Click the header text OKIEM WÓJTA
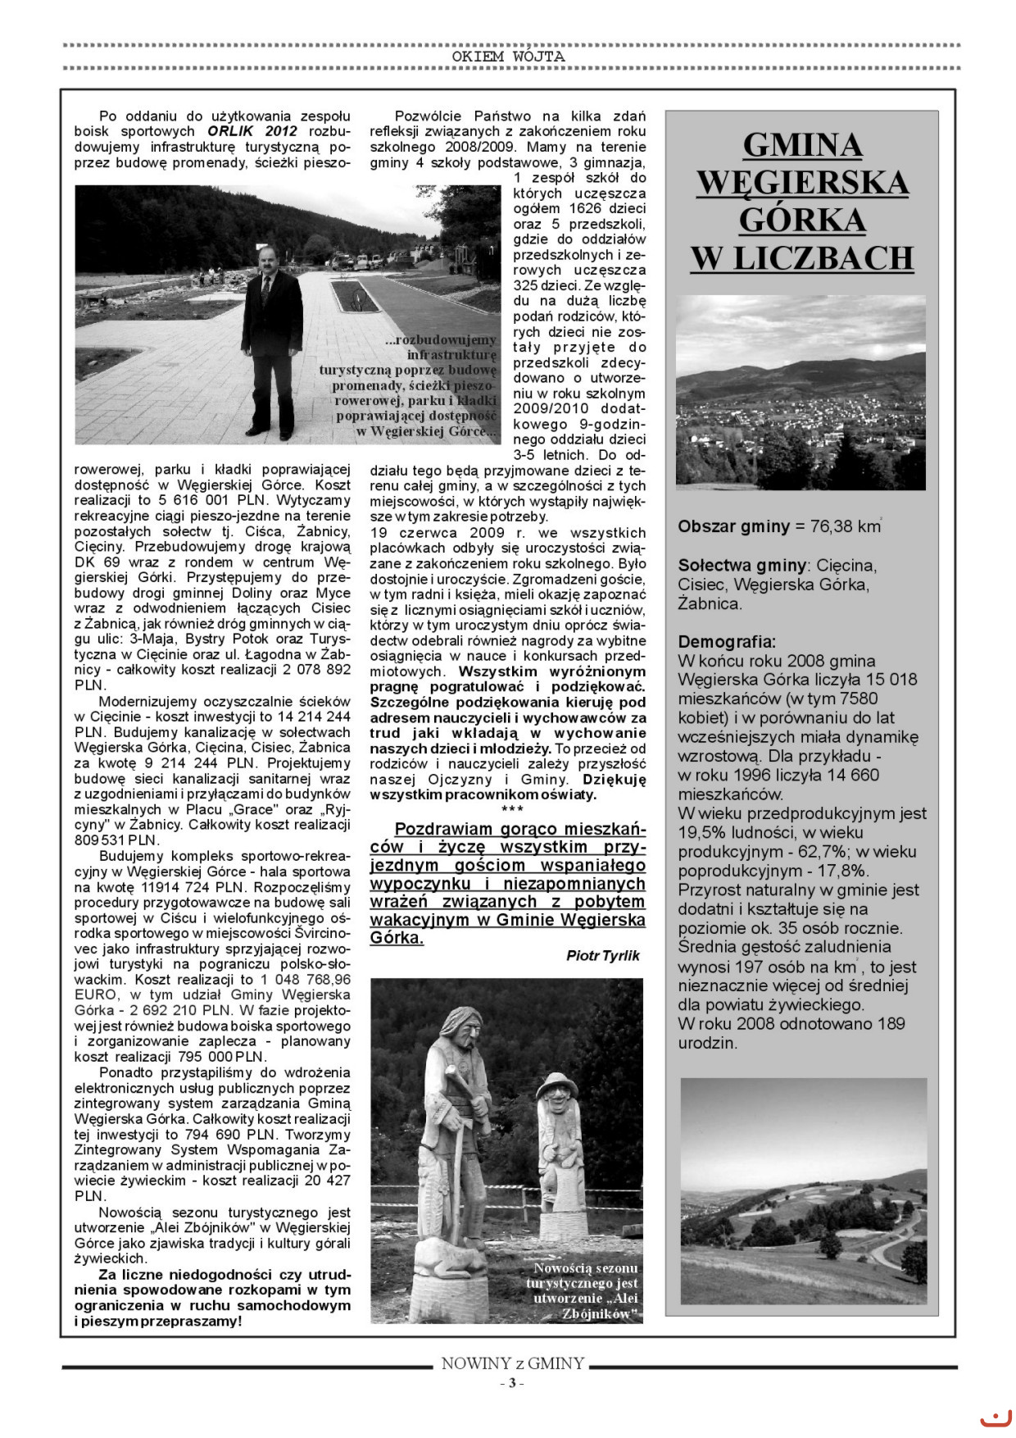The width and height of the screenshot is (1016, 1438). tap(508, 57)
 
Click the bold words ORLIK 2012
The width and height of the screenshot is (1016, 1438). tap(252, 131)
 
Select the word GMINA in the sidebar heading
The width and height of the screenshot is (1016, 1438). tap(802, 145)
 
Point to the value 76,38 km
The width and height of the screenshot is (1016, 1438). tap(845, 526)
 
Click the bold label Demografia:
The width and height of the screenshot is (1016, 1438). tap(727, 641)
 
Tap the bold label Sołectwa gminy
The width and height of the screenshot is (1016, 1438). tap(742, 565)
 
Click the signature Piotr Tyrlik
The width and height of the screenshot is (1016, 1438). tap(602, 956)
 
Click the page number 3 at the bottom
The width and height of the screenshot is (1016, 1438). tap(511, 1384)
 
